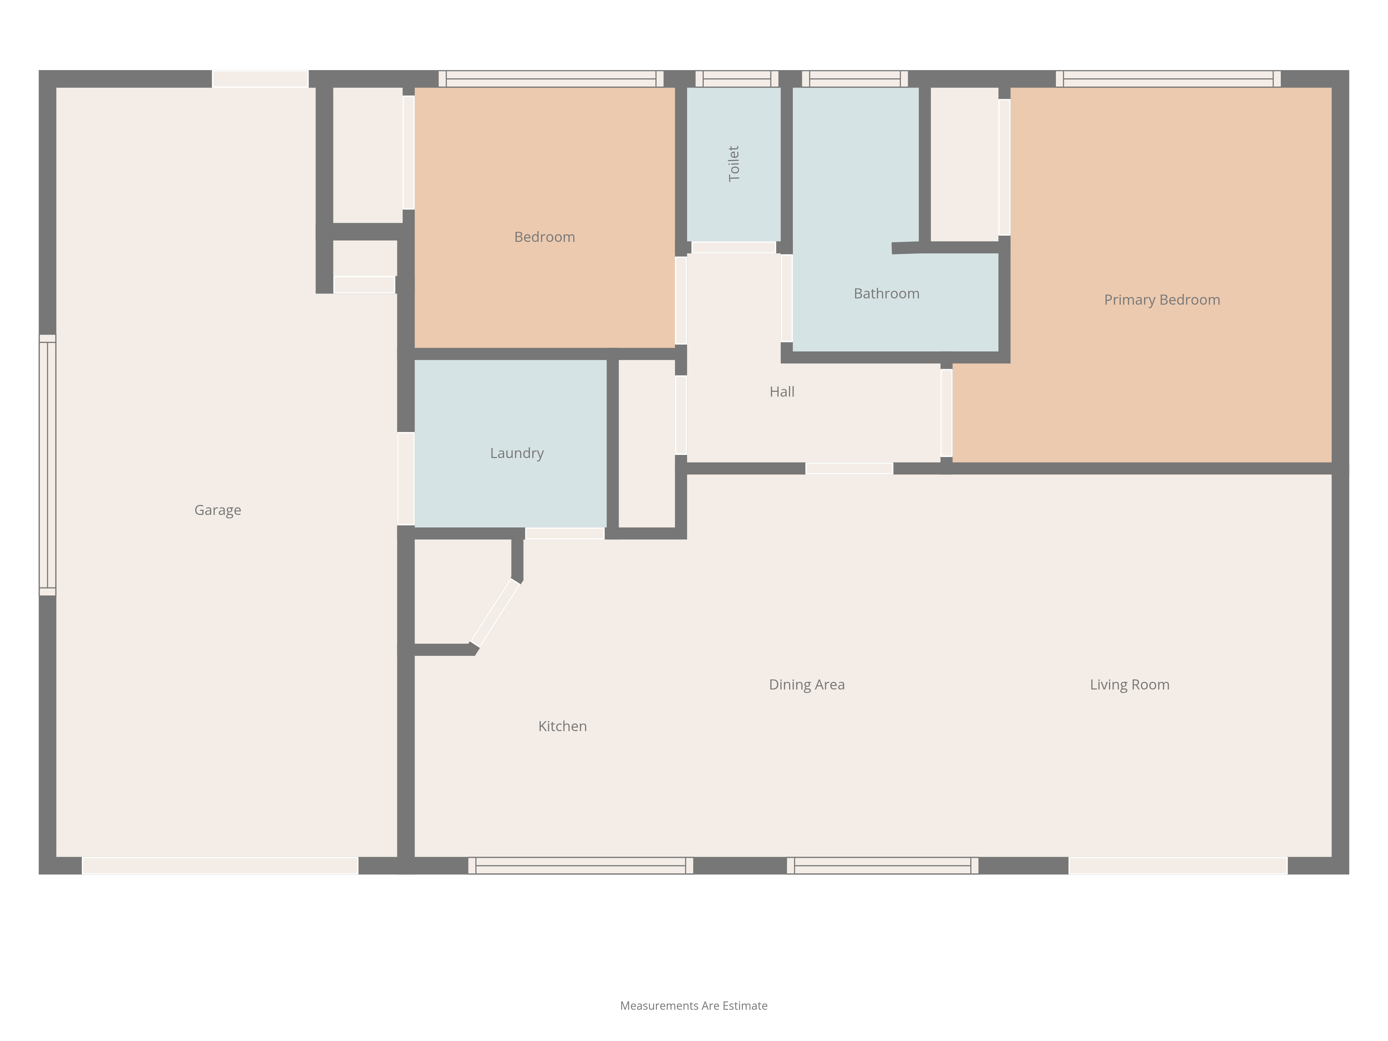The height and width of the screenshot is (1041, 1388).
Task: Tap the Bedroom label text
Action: (x=545, y=237)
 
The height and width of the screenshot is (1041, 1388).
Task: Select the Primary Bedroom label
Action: (x=1162, y=300)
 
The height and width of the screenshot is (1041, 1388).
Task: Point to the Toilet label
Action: (x=734, y=164)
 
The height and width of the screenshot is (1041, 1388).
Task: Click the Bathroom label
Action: (x=887, y=294)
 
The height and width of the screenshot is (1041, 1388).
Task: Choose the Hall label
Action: (x=782, y=391)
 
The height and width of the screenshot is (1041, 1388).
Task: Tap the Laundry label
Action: (x=517, y=454)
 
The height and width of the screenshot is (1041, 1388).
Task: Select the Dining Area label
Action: (x=807, y=685)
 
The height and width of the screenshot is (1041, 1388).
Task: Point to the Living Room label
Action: (x=1129, y=685)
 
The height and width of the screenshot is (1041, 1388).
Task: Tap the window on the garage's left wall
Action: (x=48, y=465)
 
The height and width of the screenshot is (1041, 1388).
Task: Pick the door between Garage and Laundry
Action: (x=406, y=479)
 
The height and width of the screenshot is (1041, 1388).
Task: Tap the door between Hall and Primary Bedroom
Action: (x=946, y=413)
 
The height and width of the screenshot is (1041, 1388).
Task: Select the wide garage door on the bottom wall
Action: (x=220, y=866)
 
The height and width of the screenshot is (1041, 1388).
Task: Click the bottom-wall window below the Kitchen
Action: (x=581, y=866)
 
